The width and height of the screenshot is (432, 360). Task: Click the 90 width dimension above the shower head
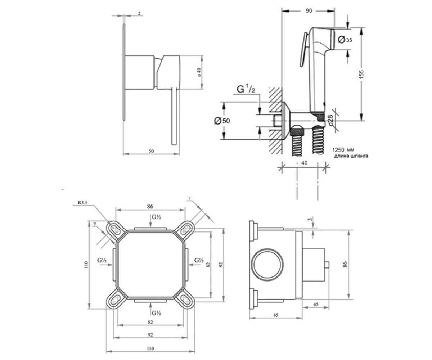click(309, 11)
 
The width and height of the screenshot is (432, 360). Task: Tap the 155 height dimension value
click(361, 74)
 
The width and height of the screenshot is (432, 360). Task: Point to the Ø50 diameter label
click(222, 121)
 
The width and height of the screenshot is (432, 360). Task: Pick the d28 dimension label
click(330, 120)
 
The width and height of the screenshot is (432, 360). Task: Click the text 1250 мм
click(343, 150)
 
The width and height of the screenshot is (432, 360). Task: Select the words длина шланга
click(351, 156)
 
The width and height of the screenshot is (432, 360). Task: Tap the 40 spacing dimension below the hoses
click(304, 163)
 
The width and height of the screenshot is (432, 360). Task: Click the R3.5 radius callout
click(82, 203)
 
